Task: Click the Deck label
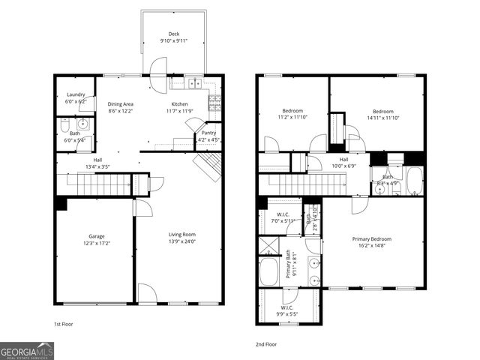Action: (x=173, y=34)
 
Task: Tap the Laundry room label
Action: (x=76, y=95)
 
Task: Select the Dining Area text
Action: (x=120, y=104)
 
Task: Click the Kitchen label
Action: (x=179, y=104)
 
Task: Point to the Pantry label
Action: (x=208, y=133)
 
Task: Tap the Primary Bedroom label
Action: (x=372, y=239)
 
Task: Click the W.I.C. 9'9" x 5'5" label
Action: (x=287, y=307)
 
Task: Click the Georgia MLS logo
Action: (x=27, y=350)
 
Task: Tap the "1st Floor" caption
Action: (x=64, y=325)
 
